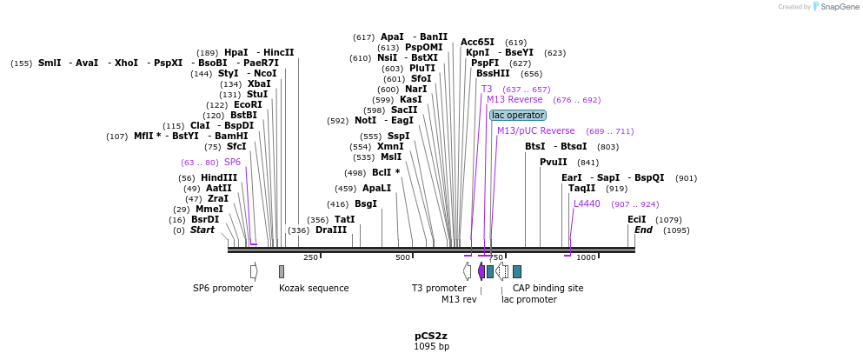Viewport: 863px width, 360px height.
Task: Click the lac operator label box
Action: click(x=518, y=115)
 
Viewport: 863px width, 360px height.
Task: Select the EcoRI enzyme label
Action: click(x=248, y=104)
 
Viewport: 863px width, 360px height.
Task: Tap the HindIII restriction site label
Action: click(x=219, y=177)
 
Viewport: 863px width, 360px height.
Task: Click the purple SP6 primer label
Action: click(x=232, y=162)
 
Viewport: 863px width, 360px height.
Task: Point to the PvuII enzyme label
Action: click(x=553, y=162)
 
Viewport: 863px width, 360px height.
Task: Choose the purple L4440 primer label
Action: click(x=587, y=203)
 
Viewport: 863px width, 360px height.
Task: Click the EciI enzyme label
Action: click(x=637, y=219)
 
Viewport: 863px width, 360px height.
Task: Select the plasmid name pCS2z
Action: click(x=431, y=336)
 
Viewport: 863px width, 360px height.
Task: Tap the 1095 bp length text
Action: click(x=431, y=347)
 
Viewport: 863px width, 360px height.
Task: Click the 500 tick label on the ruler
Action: click(x=402, y=257)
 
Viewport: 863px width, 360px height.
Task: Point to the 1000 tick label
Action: click(x=586, y=257)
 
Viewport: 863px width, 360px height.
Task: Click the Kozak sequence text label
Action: click(x=314, y=288)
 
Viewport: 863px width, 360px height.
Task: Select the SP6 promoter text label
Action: click(x=222, y=288)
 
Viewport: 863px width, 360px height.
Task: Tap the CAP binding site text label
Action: click(x=548, y=288)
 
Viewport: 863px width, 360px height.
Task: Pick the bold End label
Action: click(x=643, y=230)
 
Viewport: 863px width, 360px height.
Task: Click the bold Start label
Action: click(x=202, y=230)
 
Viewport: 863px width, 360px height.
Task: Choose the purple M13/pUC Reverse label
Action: click(x=535, y=130)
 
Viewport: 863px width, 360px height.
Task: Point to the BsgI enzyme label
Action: click(x=366, y=203)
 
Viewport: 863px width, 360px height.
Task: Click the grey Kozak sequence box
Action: click(x=282, y=271)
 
